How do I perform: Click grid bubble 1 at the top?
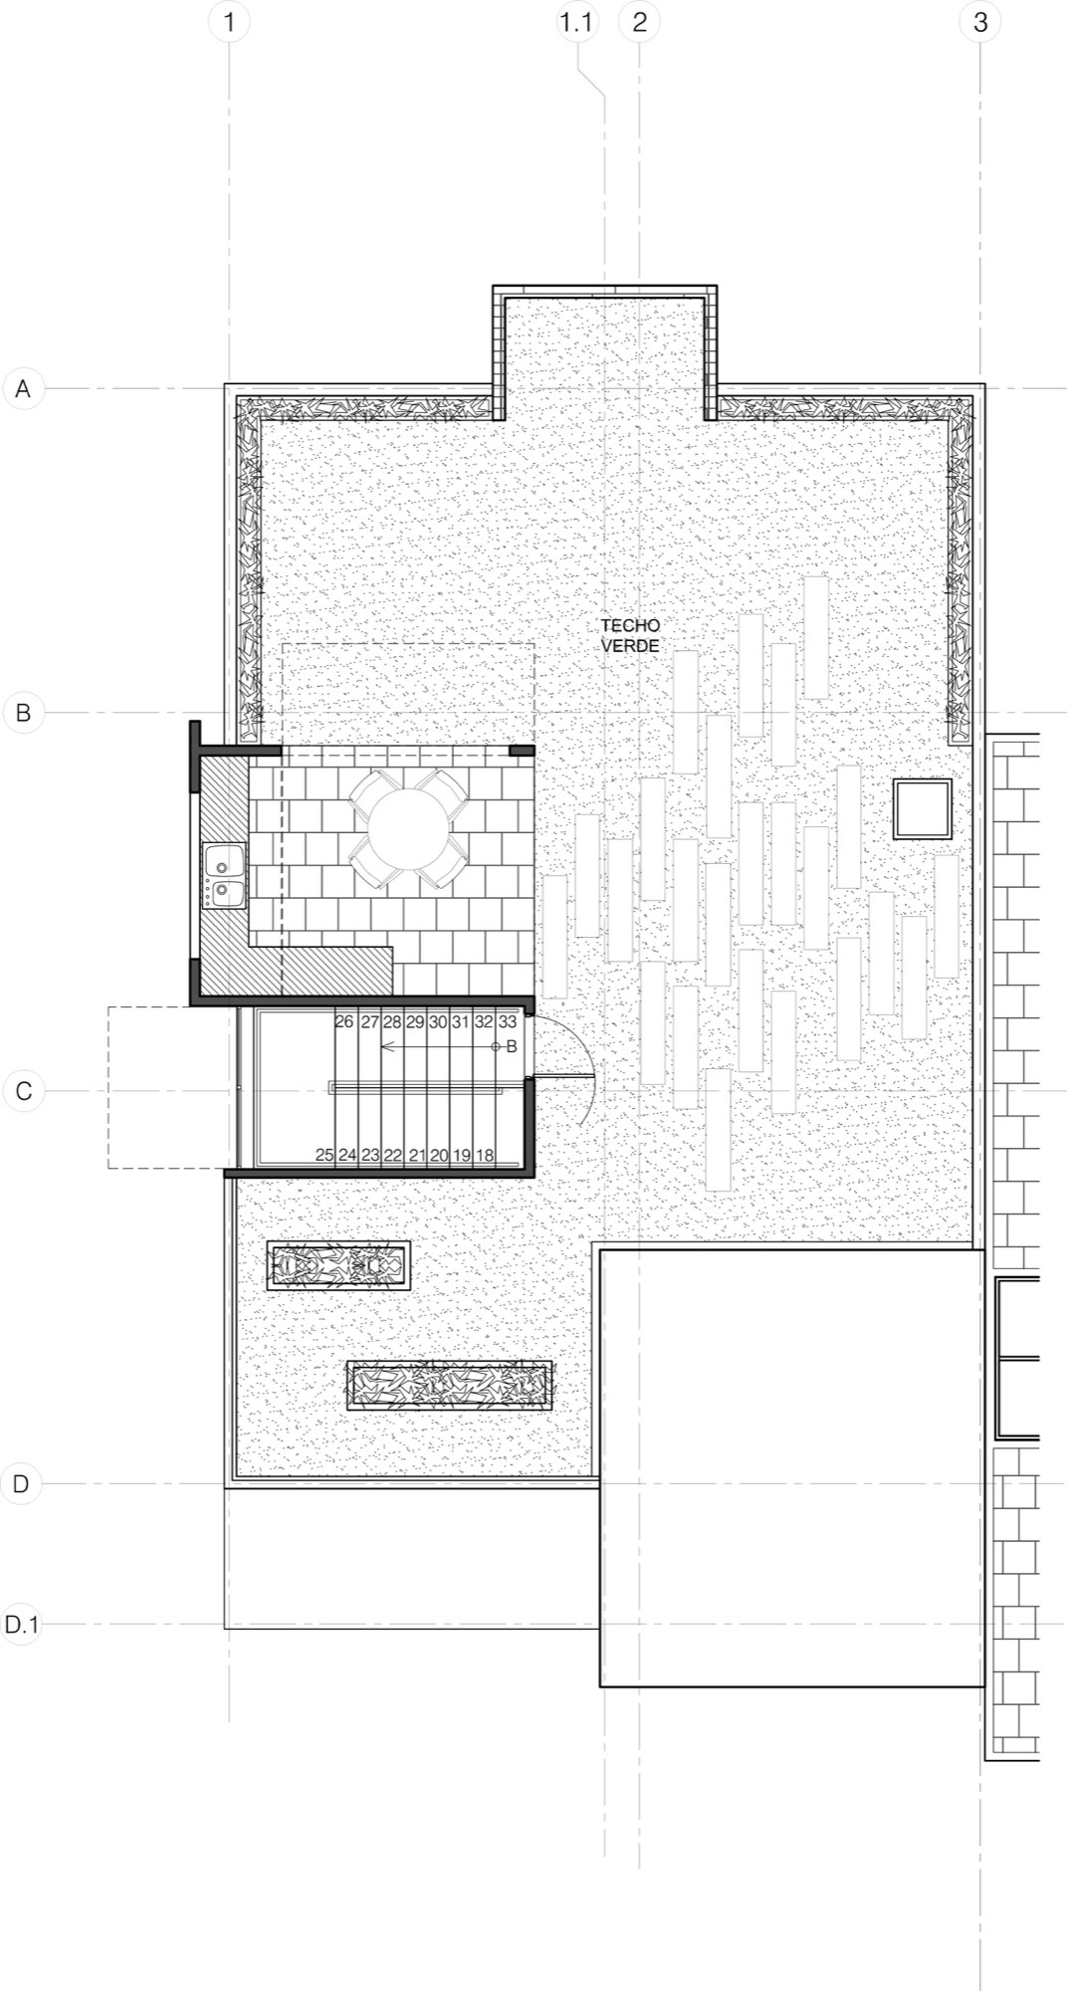coord(230,22)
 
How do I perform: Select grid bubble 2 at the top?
coord(639,22)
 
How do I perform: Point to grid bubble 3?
coord(980,22)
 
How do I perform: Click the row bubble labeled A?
coord(23,388)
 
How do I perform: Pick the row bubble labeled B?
coord(23,713)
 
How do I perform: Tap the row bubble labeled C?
coord(23,1091)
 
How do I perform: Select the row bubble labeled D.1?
coord(21,1626)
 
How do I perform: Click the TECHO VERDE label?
coord(630,635)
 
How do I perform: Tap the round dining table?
coord(408,828)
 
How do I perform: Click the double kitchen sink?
coord(224,875)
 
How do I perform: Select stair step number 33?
coord(508,1022)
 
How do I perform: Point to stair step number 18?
coord(485,1156)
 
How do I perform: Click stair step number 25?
coord(324,1156)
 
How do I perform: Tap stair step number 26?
coord(344,1022)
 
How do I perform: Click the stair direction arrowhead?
coord(385,1047)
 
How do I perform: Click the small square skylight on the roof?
coord(922,808)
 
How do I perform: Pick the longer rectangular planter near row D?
coord(449,1386)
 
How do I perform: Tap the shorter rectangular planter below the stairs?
coord(338,1266)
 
